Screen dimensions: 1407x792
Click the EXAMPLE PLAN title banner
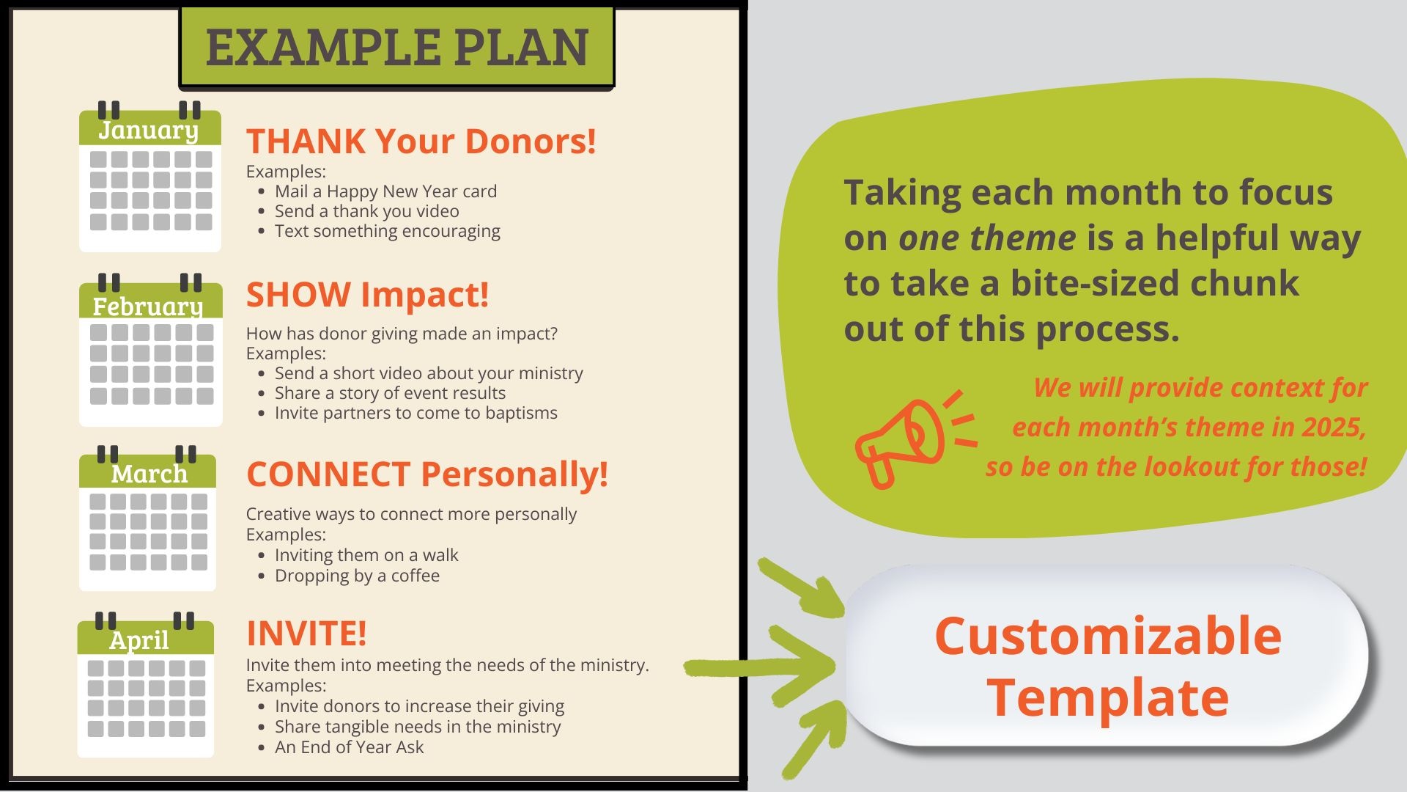coord(396,47)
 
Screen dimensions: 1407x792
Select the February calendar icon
coord(150,349)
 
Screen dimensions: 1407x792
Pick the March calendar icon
coord(147,518)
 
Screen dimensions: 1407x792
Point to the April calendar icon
coord(146,684)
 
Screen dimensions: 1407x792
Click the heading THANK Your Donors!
coord(421,141)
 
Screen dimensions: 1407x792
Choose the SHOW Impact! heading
coord(367,295)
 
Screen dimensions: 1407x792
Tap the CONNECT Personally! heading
coord(427,474)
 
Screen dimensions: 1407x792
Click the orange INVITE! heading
coord(306,633)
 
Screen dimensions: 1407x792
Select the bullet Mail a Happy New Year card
coord(385,191)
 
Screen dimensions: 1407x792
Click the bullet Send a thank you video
coord(367,211)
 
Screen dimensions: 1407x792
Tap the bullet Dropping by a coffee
coord(357,576)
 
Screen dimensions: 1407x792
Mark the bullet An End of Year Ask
coord(349,747)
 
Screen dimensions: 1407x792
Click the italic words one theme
coord(987,238)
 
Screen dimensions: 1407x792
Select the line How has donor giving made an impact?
coord(402,334)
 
